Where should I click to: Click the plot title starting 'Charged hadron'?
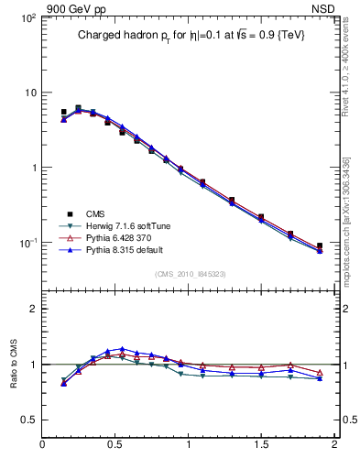tap(190, 35)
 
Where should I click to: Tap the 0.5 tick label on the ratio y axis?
tap(27, 420)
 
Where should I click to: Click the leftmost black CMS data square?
tap(63, 112)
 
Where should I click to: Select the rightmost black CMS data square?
tap(319, 245)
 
